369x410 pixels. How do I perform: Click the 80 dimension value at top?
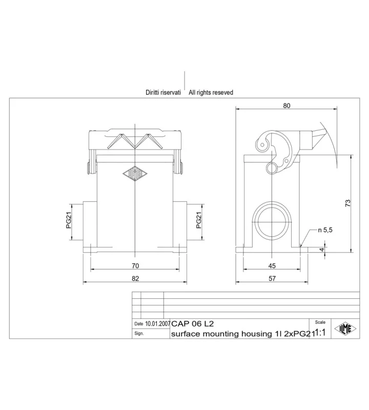[x=286, y=106]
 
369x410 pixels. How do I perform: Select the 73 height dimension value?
[x=347, y=203]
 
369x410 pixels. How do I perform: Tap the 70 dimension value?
[x=135, y=266]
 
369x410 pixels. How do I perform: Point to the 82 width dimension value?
[x=135, y=278]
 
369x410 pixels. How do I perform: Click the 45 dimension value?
[x=272, y=266]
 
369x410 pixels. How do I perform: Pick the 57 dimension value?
[x=272, y=278]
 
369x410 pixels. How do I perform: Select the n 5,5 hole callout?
[x=325, y=230]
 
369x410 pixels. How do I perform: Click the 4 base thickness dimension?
[x=322, y=250]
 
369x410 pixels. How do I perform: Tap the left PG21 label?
[x=69, y=220]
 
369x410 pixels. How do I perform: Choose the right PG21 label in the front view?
[x=199, y=220]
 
